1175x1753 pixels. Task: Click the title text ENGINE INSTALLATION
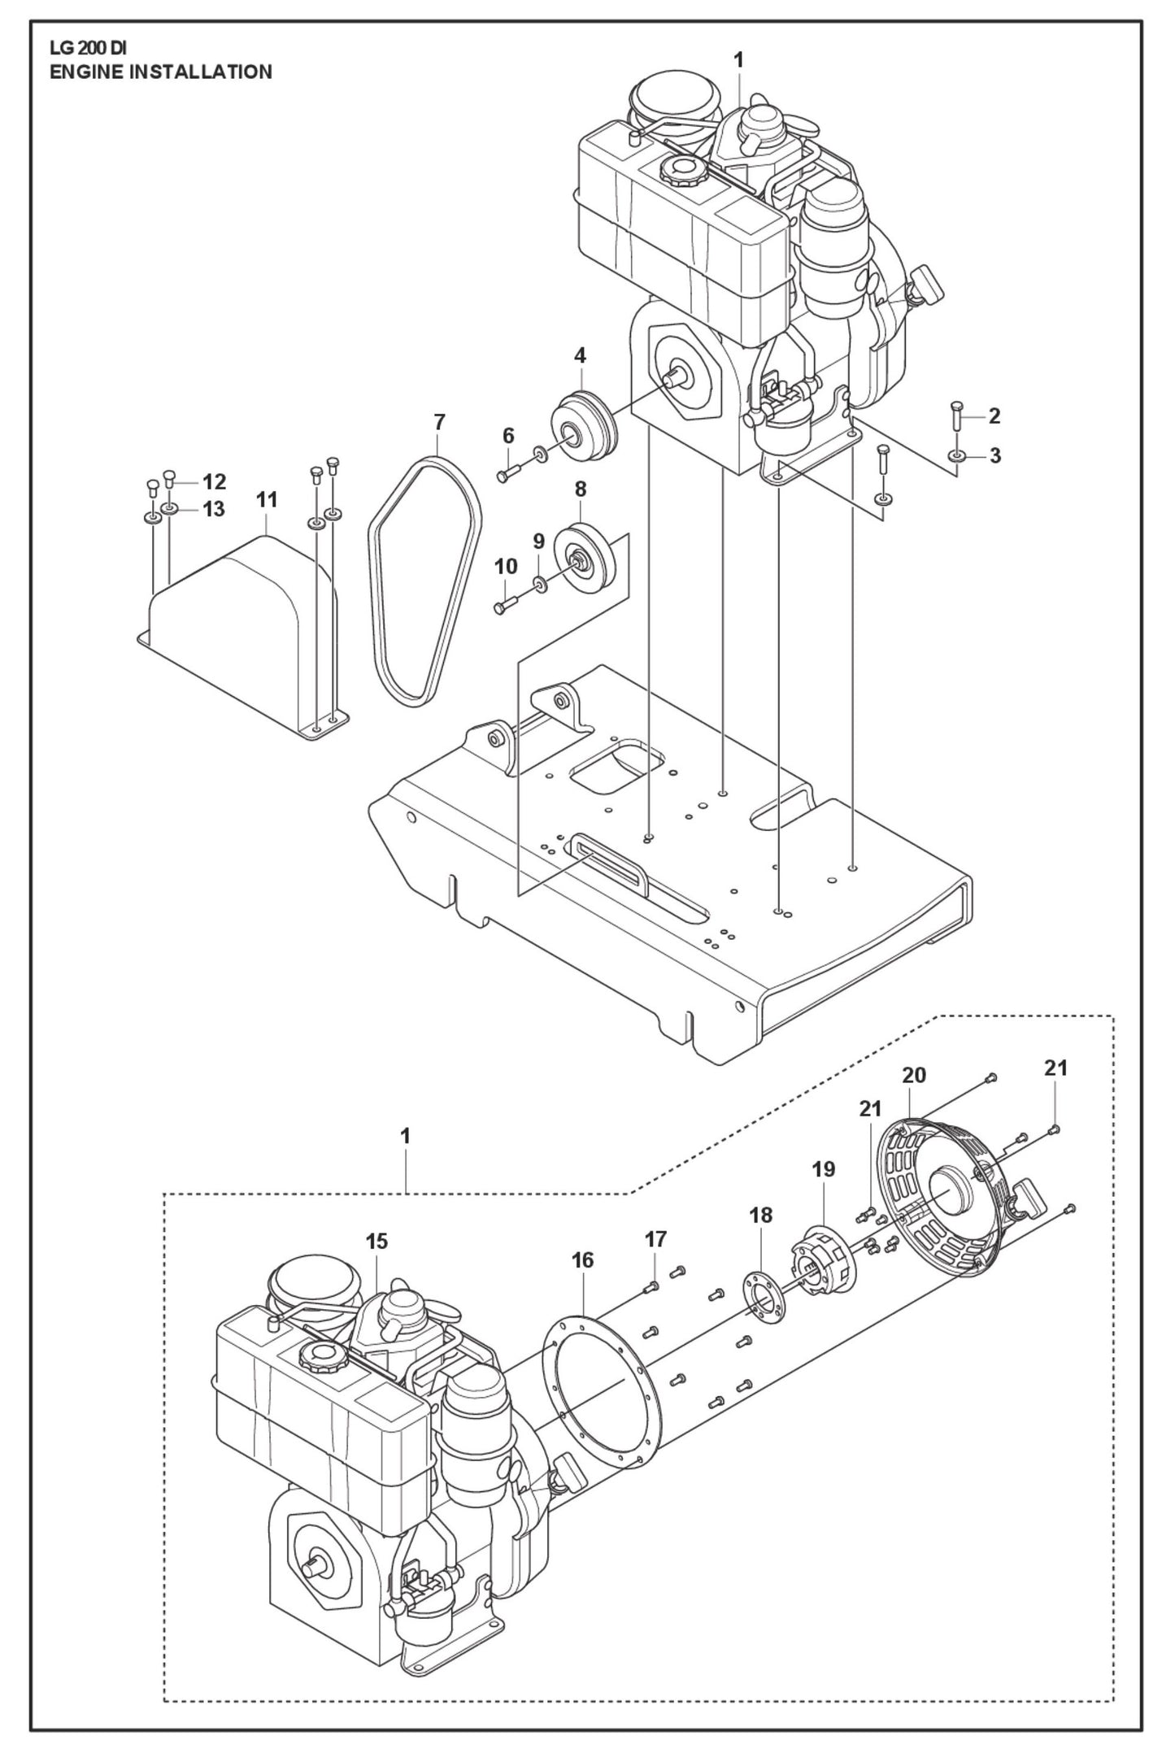click(161, 72)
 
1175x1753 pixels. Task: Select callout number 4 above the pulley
click(580, 355)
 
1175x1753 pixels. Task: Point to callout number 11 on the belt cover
click(267, 500)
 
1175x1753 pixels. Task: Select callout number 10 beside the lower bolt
click(505, 566)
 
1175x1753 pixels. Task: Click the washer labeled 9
click(538, 582)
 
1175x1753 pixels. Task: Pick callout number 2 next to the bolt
click(994, 416)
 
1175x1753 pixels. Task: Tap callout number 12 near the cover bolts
click(215, 481)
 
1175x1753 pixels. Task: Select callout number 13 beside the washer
click(214, 509)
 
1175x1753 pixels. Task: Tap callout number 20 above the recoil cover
click(914, 1075)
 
